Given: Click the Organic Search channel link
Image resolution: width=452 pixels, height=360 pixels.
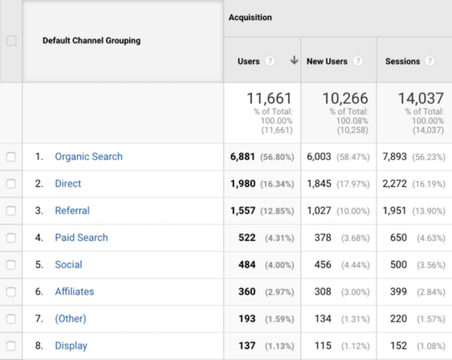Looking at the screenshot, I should click(x=88, y=157).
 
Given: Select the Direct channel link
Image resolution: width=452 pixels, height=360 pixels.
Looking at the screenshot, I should click(x=68, y=184).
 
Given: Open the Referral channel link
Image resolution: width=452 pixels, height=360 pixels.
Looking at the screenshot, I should click(x=72, y=211).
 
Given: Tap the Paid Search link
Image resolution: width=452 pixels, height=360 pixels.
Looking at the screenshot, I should click(x=81, y=238).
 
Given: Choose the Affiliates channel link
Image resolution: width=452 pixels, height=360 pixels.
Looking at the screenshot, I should click(x=74, y=292).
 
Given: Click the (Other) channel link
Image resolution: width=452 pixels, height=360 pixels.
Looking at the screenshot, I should click(x=70, y=319).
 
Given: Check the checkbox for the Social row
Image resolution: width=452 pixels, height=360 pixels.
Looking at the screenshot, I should click(x=11, y=265).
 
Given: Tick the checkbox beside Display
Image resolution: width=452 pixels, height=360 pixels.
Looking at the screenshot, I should click(x=11, y=346).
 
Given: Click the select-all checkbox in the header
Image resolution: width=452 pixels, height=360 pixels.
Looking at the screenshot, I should click(x=11, y=41).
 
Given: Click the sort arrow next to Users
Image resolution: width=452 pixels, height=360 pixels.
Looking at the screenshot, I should click(x=294, y=61).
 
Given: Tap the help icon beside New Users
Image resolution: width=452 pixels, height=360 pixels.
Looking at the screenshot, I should click(x=358, y=61).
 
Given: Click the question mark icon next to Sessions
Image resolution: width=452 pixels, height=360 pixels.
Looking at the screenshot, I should click(x=429, y=61).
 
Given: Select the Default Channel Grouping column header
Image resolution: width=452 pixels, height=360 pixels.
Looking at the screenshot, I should click(x=91, y=41).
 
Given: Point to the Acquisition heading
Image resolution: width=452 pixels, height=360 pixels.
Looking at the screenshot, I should click(x=250, y=18).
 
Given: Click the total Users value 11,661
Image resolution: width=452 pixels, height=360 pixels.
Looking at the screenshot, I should click(x=270, y=98).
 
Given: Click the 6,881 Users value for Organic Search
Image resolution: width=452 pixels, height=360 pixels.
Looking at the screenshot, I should click(x=243, y=157).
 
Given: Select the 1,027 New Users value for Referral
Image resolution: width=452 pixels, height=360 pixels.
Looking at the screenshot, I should click(x=319, y=211).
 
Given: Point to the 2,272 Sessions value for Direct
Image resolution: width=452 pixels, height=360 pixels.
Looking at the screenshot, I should click(x=394, y=184).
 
